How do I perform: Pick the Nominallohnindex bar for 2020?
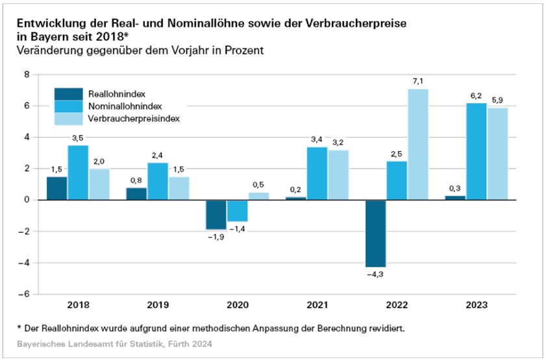237,211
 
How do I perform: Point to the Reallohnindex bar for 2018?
56,188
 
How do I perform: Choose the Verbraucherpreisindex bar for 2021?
338,175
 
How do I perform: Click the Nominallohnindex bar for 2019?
157,181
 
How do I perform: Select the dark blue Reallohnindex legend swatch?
68,93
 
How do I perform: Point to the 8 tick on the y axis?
27,75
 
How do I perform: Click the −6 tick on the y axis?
24,294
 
